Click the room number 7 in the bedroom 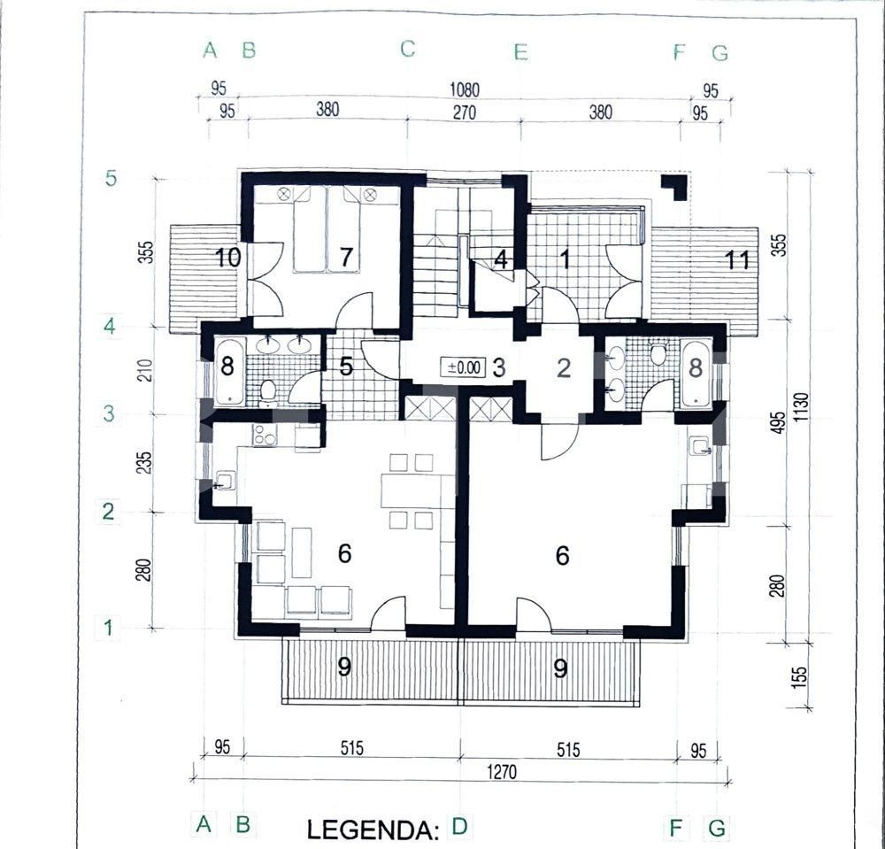346,258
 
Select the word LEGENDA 373,830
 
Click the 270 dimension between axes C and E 464,112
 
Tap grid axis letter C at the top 407,49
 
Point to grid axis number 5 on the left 111,178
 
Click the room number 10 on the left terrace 227,258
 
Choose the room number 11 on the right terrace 737,259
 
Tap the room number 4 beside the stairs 501,260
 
